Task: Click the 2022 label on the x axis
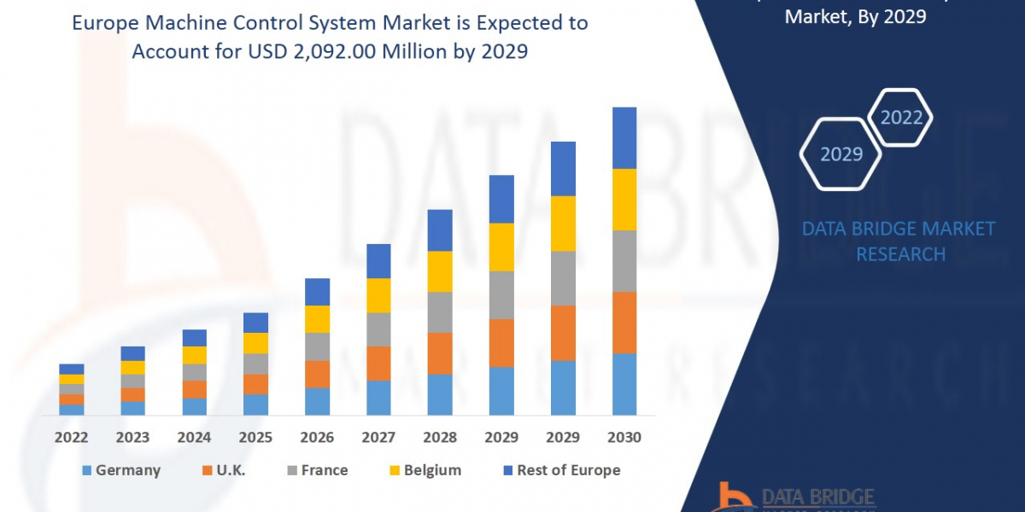71,437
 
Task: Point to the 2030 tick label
624,437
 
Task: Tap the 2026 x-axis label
317,437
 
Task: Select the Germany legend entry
121,470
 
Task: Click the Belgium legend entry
425,470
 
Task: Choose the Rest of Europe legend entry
560,470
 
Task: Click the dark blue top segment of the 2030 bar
624,138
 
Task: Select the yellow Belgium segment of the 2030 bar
624,200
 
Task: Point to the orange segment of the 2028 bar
440,353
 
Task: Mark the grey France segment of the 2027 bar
378,329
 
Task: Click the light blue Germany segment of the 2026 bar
317,401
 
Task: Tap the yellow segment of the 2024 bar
194,355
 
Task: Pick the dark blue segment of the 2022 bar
72,369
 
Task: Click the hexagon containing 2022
900,118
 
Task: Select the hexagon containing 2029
841,154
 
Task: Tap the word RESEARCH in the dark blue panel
900,254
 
